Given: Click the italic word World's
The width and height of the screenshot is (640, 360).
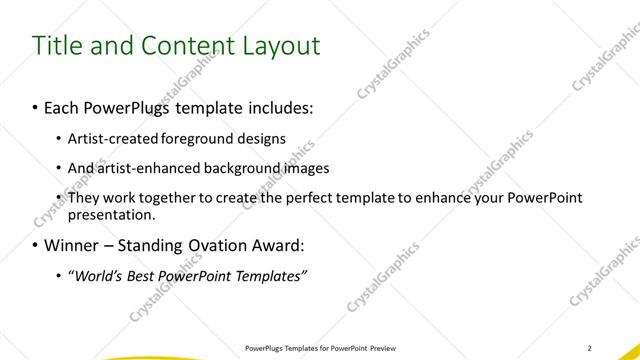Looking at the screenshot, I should [x=96, y=276].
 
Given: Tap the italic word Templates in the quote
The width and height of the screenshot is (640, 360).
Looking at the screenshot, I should [x=269, y=276].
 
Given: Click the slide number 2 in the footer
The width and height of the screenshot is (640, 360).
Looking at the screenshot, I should [x=590, y=348].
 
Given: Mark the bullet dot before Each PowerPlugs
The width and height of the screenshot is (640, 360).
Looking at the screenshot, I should [x=36, y=105].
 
